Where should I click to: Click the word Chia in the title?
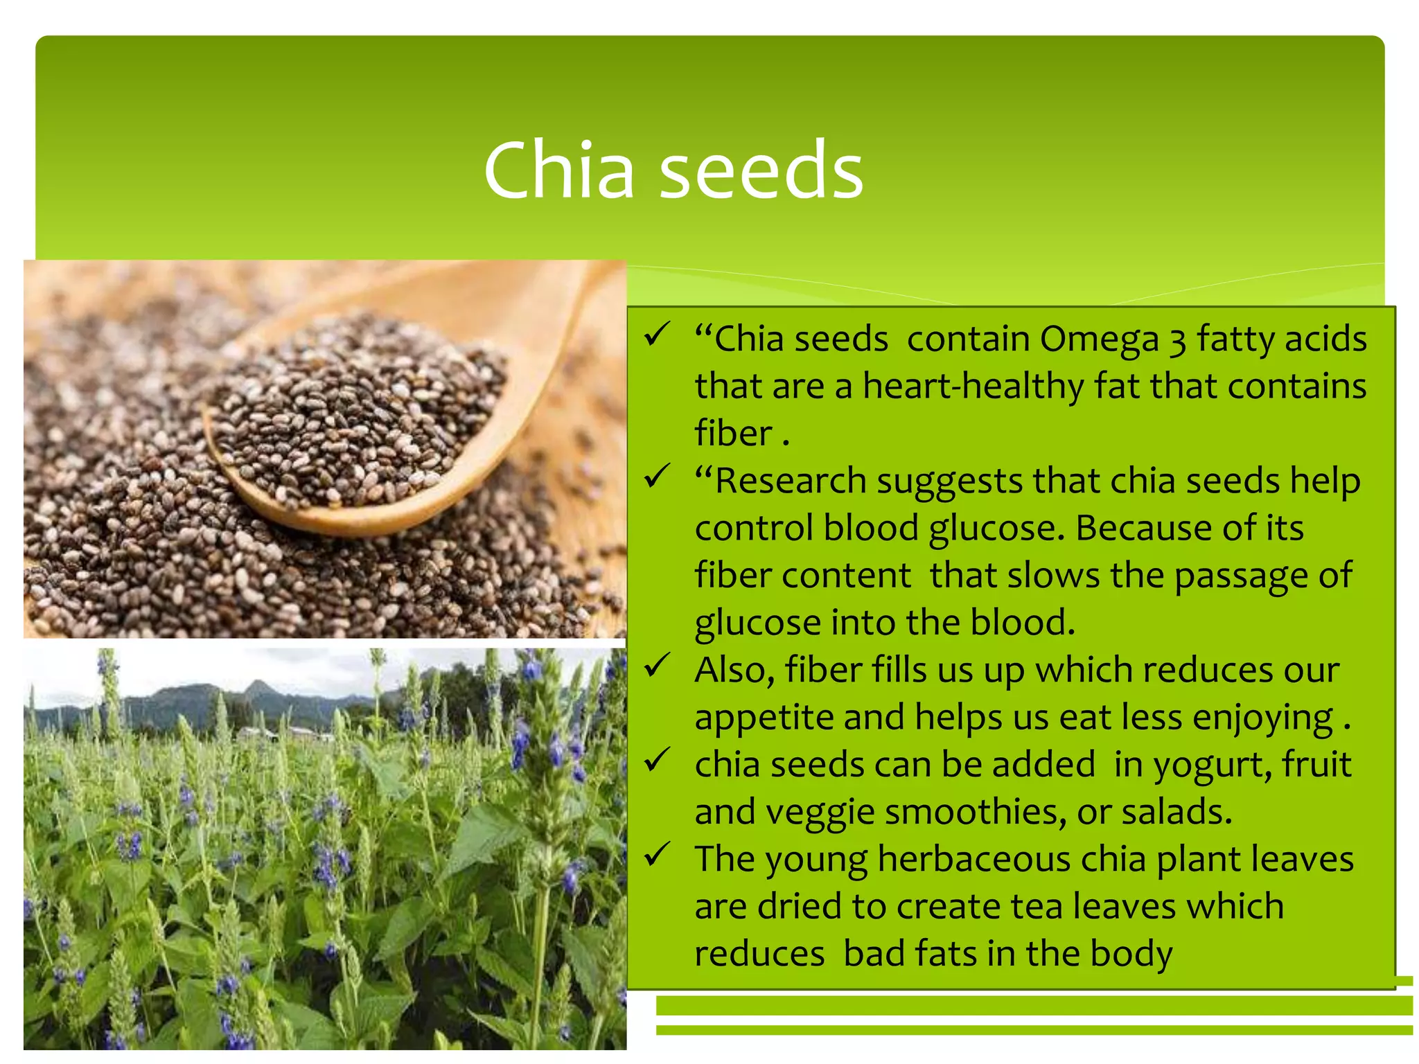tap(558, 170)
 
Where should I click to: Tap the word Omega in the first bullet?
tap(1099, 339)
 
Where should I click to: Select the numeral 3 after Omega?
tap(1178, 341)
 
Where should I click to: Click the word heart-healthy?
tap(973, 386)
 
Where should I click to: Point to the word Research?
tap(790, 481)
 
